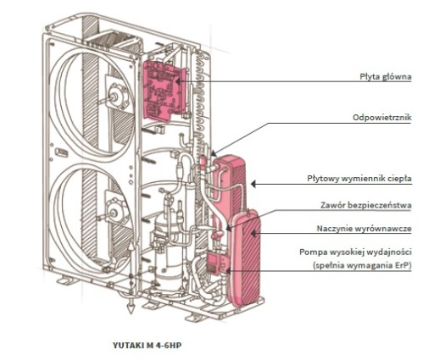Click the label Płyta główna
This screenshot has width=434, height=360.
point(386,76)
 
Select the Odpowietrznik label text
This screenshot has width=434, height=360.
point(382,118)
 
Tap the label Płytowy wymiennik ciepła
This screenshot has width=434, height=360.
point(359,179)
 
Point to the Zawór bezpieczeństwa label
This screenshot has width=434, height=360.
point(366,205)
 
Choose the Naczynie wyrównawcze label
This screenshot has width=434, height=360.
point(364,229)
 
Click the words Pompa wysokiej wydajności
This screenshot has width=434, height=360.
point(355,252)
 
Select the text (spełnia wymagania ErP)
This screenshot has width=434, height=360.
point(362,266)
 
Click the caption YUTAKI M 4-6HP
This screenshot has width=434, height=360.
point(147,346)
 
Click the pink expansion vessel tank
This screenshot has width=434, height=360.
point(246,258)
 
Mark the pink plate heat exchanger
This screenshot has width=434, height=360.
point(230,184)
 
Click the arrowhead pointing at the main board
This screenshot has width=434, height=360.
point(178,81)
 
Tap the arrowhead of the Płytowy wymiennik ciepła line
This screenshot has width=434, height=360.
point(253,184)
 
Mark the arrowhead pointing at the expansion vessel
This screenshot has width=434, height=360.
point(253,233)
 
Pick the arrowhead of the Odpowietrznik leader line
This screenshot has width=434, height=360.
point(214,153)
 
